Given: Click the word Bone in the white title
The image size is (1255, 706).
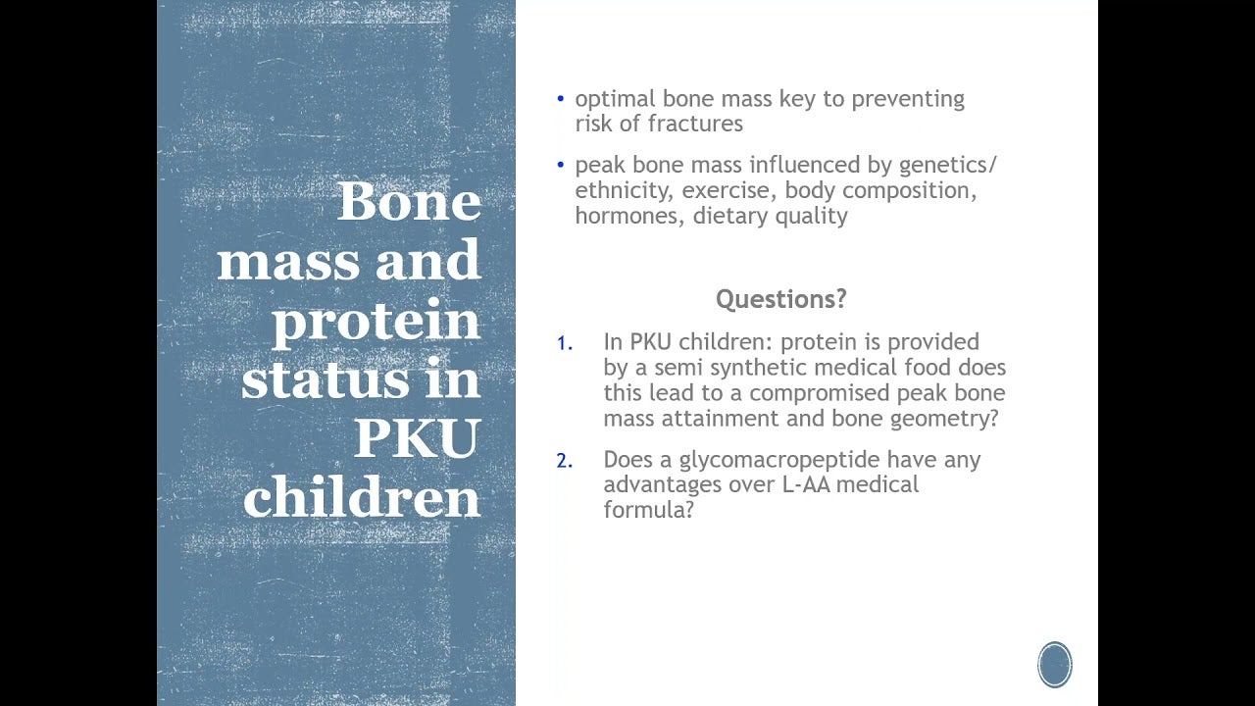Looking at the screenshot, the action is pyautogui.click(x=409, y=201).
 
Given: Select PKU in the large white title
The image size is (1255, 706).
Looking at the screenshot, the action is pyautogui.click(x=418, y=437).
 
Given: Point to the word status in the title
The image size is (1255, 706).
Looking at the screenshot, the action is pyautogui.click(x=325, y=378).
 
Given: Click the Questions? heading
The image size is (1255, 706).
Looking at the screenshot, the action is pyautogui.click(x=781, y=299).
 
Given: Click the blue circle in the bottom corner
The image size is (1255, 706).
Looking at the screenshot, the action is pyautogui.click(x=1054, y=665).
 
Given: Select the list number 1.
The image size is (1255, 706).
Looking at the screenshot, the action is pyautogui.click(x=565, y=343).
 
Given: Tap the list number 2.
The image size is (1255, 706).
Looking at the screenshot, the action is pyautogui.click(x=565, y=461).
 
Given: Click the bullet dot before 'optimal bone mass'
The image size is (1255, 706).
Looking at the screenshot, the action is pyautogui.click(x=560, y=100).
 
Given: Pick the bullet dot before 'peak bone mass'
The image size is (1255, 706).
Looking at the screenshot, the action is pyautogui.click(x=560, y=166).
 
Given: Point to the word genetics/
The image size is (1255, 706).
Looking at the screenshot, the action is pyautogui.click(x=948, y=166).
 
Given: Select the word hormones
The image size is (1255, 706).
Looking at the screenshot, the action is pyautogui.click(x=629, y=217).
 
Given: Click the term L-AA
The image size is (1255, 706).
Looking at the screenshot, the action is pyautogui.click(x=806, y=484).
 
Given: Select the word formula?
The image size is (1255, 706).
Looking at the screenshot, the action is pyautogui.click(x=649, y=510).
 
